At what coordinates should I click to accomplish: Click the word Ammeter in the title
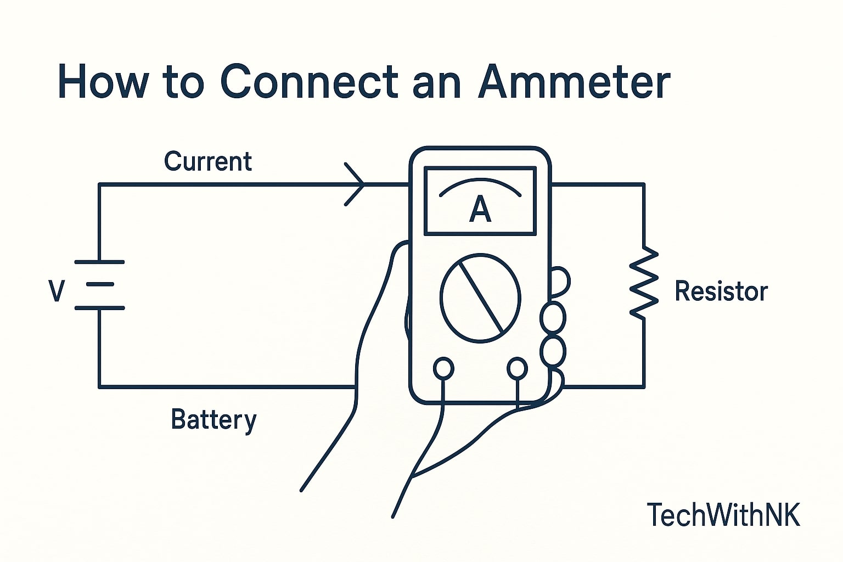click(574, 82)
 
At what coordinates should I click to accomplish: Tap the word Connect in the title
click(308, 82)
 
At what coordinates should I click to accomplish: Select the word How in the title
click(103, 82)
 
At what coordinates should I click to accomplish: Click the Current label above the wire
click(208, 161)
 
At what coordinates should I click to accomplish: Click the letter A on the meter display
click(480, 210)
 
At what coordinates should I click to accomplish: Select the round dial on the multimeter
click(480, 297)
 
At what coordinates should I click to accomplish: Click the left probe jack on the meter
click(443, 369)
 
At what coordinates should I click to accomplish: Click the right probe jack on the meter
click(517, 369)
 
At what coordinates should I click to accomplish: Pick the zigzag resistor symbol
click(644, 283)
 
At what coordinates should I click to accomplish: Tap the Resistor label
click(721, 291)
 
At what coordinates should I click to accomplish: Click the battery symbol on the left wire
click(99, 285)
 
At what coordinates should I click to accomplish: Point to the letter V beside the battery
click(57, 291)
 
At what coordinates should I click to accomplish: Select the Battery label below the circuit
click(213, 420)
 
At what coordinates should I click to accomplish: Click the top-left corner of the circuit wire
click(99, 184)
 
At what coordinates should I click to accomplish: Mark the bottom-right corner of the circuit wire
click(644, 387)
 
